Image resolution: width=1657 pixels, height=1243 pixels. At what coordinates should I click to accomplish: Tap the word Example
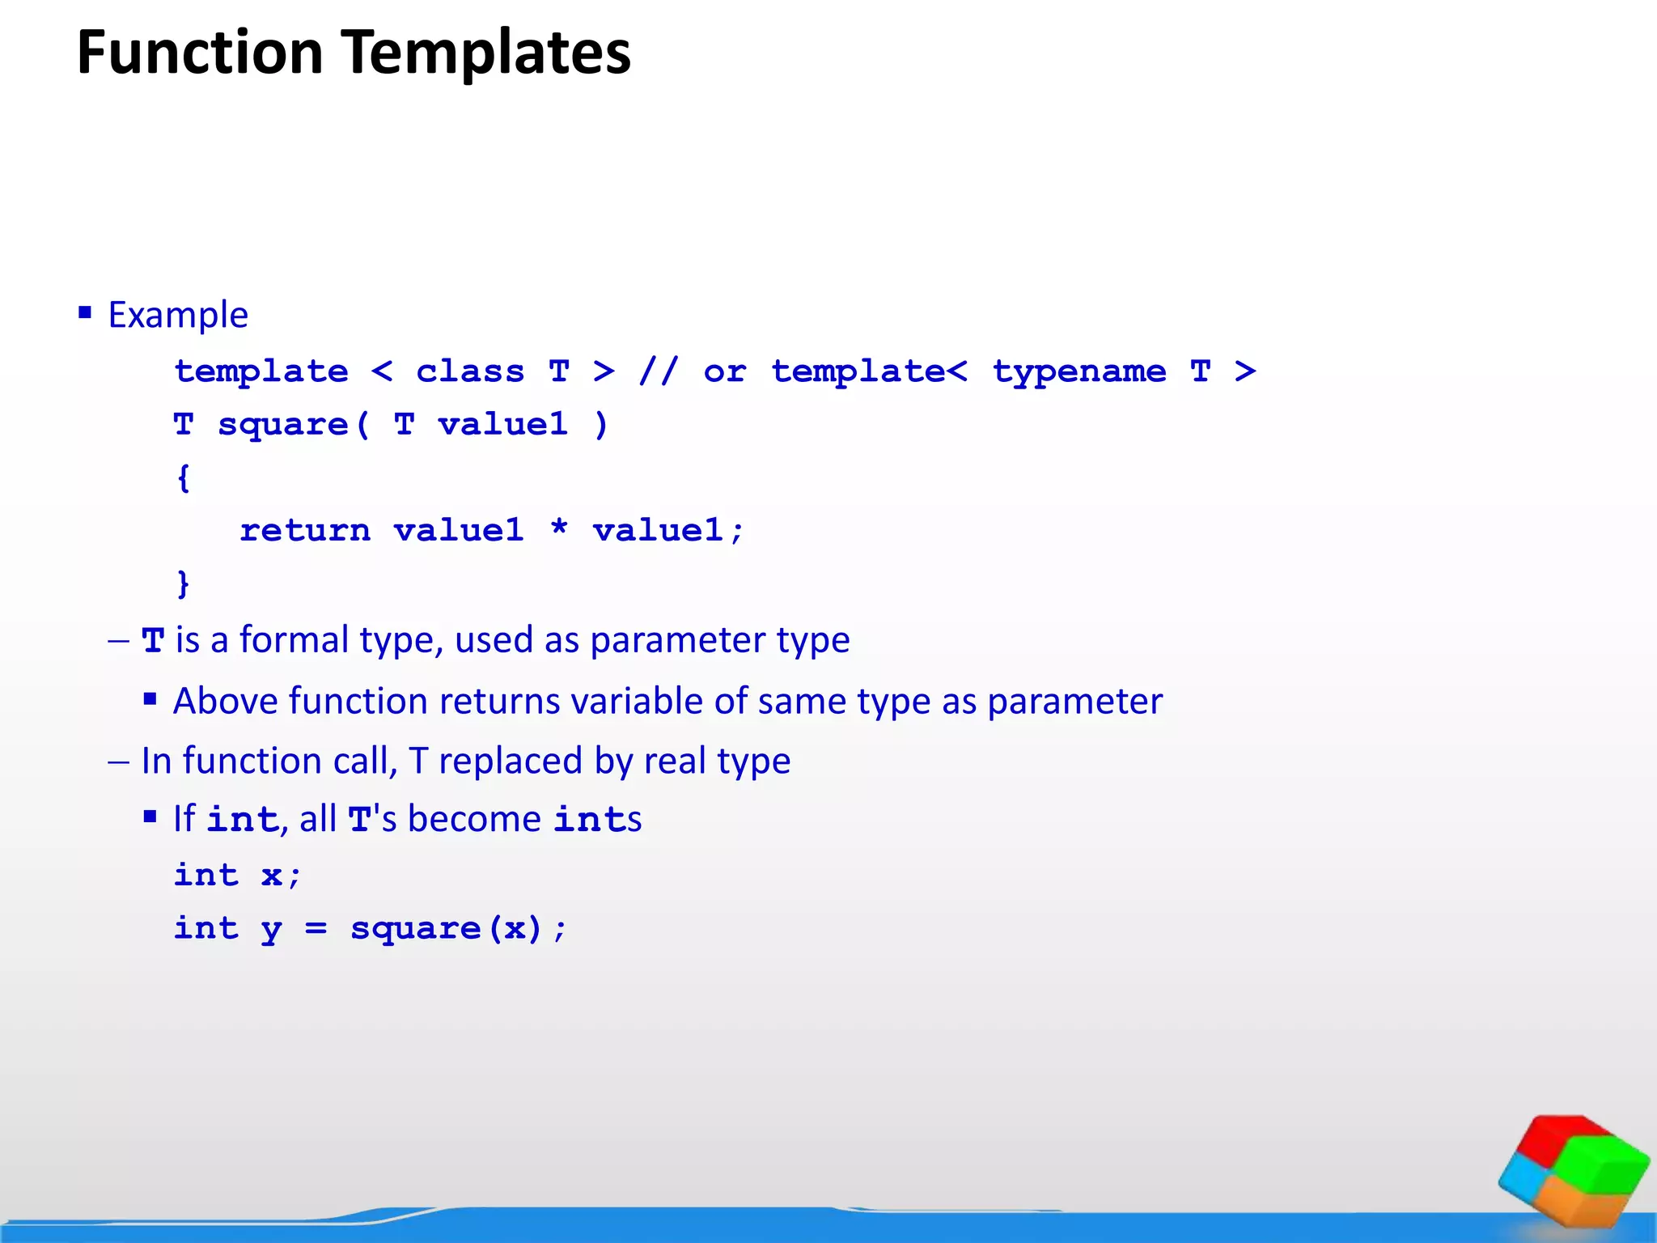[178, 315]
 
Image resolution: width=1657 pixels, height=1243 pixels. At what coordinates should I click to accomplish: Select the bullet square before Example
[85, 312]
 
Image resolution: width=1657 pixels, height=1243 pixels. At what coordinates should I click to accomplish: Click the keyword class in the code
[470, 371]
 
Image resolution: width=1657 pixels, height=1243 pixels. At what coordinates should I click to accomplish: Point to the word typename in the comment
[1079, 372]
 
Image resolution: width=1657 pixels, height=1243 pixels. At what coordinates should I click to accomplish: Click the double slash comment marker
[659, 371]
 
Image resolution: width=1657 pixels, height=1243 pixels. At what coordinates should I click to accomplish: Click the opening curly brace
[184, 477]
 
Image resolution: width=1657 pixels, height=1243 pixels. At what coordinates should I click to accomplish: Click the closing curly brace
[184, 583]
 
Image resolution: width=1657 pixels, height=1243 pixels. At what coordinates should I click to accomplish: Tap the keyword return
[305, 531]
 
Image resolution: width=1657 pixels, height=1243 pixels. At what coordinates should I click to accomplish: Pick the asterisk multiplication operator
[558, 528]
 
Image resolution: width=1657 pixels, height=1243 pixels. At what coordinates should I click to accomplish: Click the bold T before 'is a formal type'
[153, 640]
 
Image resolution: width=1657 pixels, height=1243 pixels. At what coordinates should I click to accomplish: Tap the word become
[474, 819]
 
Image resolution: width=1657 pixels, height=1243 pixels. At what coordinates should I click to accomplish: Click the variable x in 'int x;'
[272, 876]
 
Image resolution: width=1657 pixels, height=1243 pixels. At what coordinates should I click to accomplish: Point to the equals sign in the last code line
[316, 929]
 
